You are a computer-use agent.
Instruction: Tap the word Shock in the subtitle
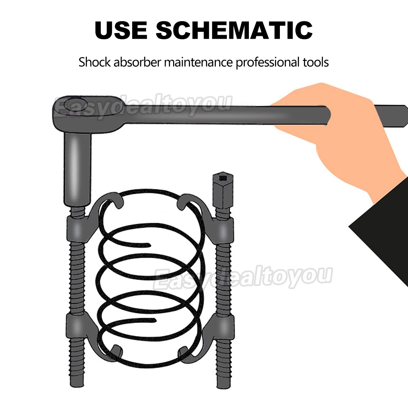click(x=95, y=62)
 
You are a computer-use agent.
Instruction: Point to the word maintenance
click(x=198, y=62)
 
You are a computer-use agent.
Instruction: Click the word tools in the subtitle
click(x=316, y=62)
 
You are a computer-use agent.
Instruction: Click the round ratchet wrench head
click(x=81, y=111)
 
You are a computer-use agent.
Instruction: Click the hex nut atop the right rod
click(x=223, y=191)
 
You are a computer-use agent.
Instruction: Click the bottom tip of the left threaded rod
click(x=77, y=386)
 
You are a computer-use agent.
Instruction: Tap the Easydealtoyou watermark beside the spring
click(x=243, y=277)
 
